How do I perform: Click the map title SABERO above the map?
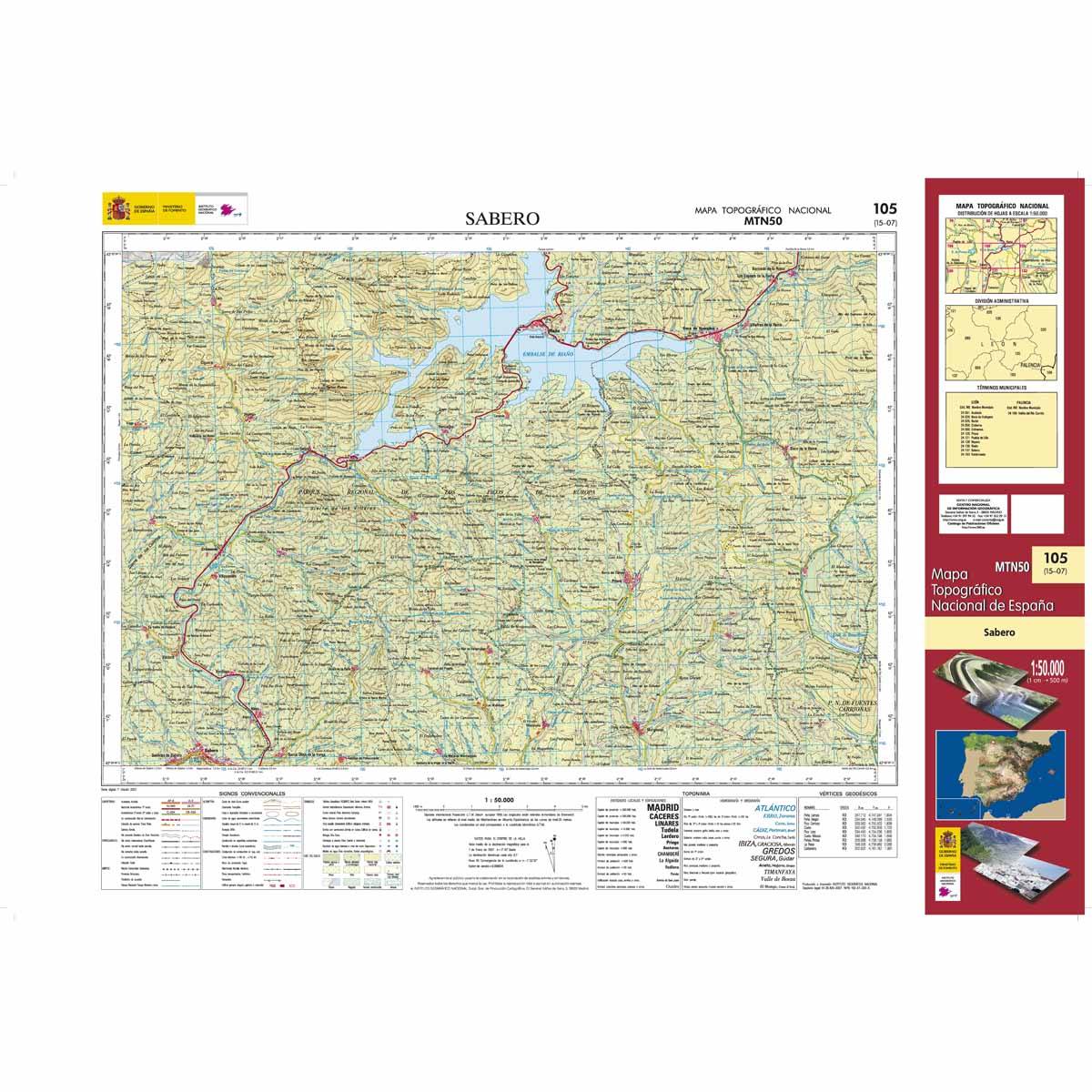pyautogui.click(x=502, y=219)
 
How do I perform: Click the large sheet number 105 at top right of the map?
pyautogui.click(x=883, y=209)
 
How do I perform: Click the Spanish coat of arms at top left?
pyautogui.click(x=116, y=211)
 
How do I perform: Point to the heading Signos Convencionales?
pyautogui.click(x=253, y=794)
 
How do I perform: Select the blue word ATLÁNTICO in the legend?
pyautogui.click(x=770, y=808)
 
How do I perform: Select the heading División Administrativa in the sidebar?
pyautogui.click(x=999, y=299)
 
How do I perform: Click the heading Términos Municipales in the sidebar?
pyautogui.click(x=999, y=387)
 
